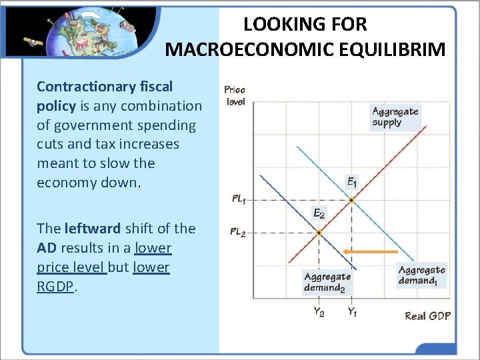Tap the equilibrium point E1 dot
pyautogui.click(x=351, y=200)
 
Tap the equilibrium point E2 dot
pyautogui.click(x=319, y=233)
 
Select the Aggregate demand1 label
pyautogui.click(x=421, y=275)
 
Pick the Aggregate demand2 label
pyautogui.click(x=327, y=283)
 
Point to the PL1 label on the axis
pyautogui.click(x=239, y=199)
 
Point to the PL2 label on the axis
pyautogui.click(x=239, y=233)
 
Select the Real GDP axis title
pyautogui.click(x=427, y=315)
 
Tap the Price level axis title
pyautogui.click(x=235, y=95)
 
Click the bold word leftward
pyautogui.click(x=93, y=229)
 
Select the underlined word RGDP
pyautogui.click(x=56, y=287)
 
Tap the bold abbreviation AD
pyautogui.click(x=47, y=248)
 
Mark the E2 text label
pyautogui.click(x=319, y=214)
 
